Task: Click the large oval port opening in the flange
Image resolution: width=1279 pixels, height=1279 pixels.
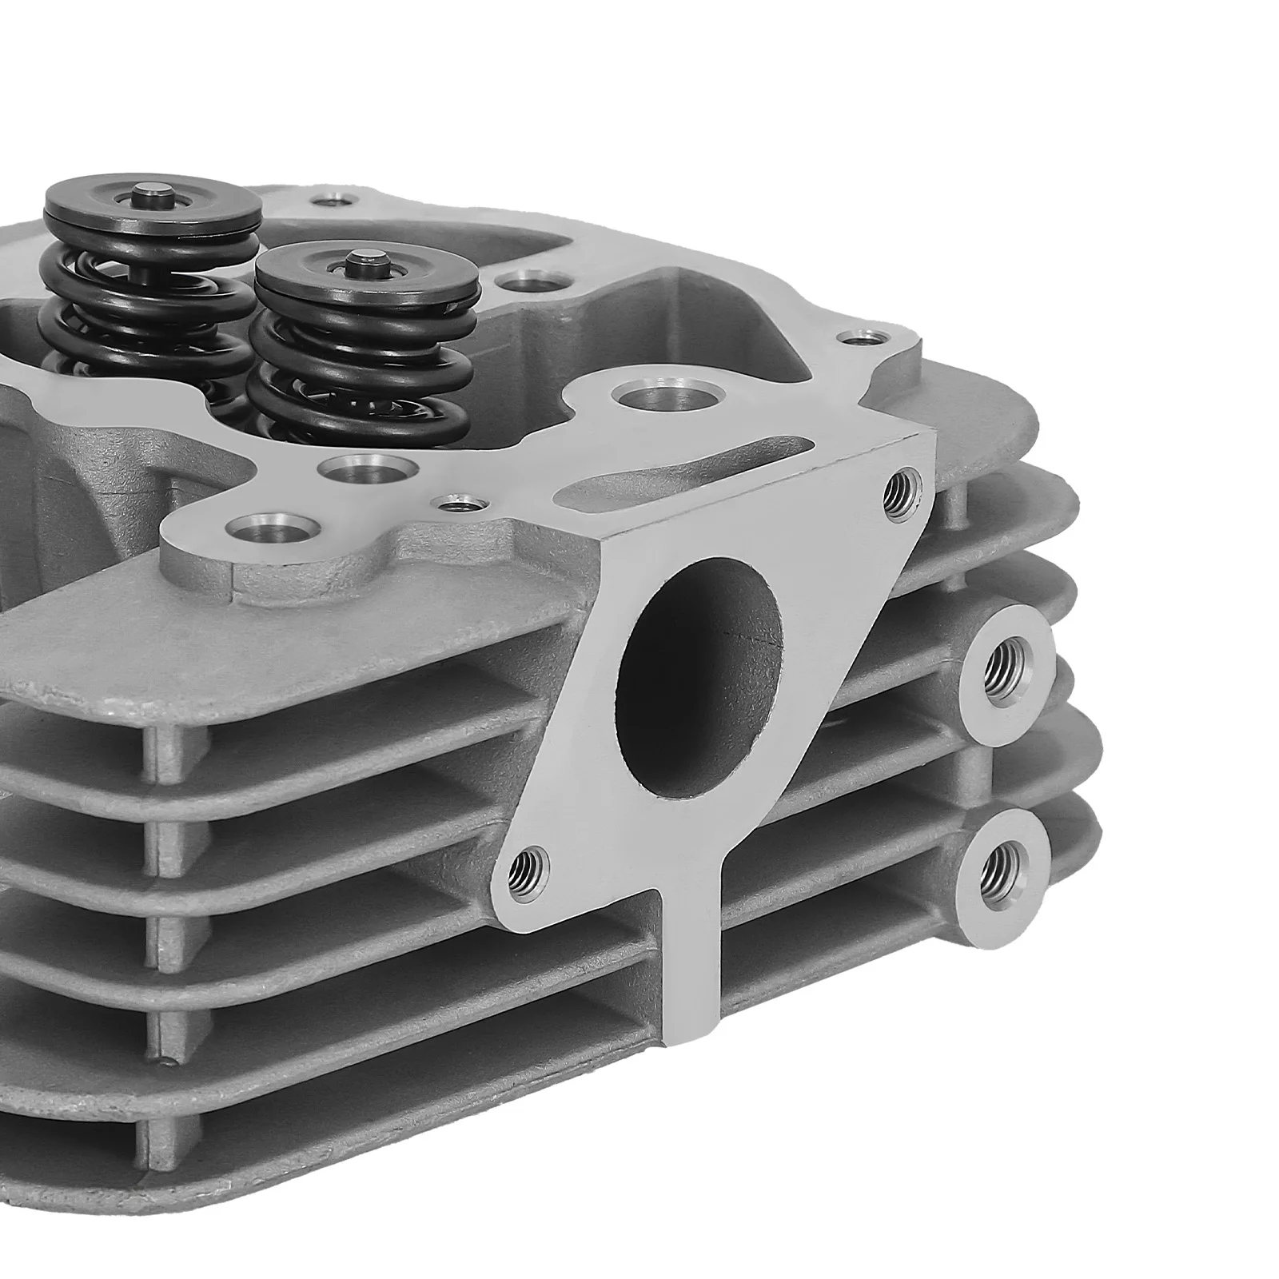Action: point(701,676)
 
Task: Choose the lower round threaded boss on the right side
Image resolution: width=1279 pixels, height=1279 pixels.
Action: point(1005,865)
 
